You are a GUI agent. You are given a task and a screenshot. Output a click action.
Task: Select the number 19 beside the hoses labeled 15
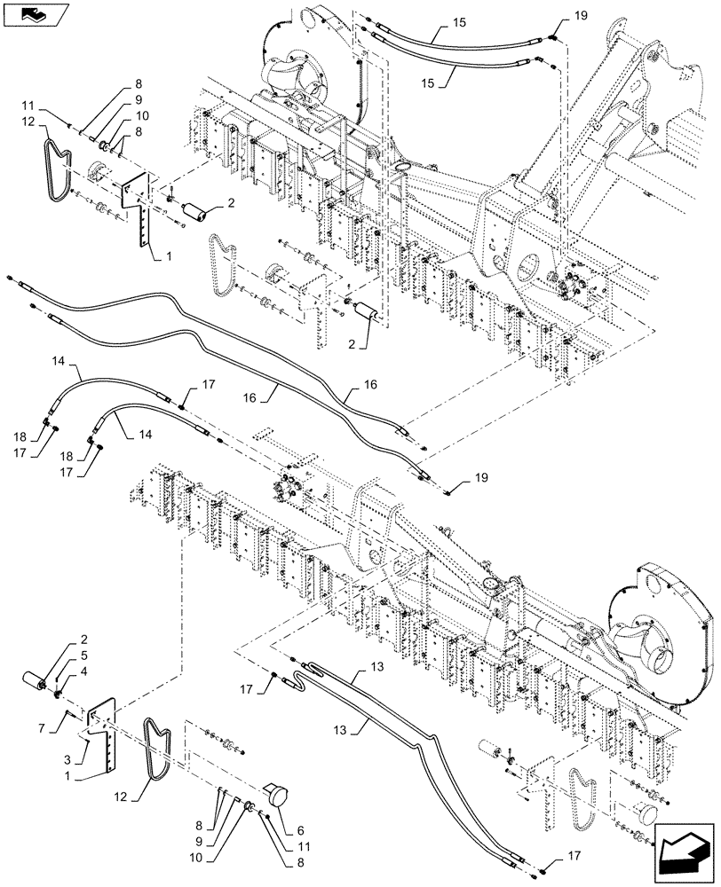click(x=581, y=16)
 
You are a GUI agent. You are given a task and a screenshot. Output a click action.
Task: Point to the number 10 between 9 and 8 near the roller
click(x=142, y=115)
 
